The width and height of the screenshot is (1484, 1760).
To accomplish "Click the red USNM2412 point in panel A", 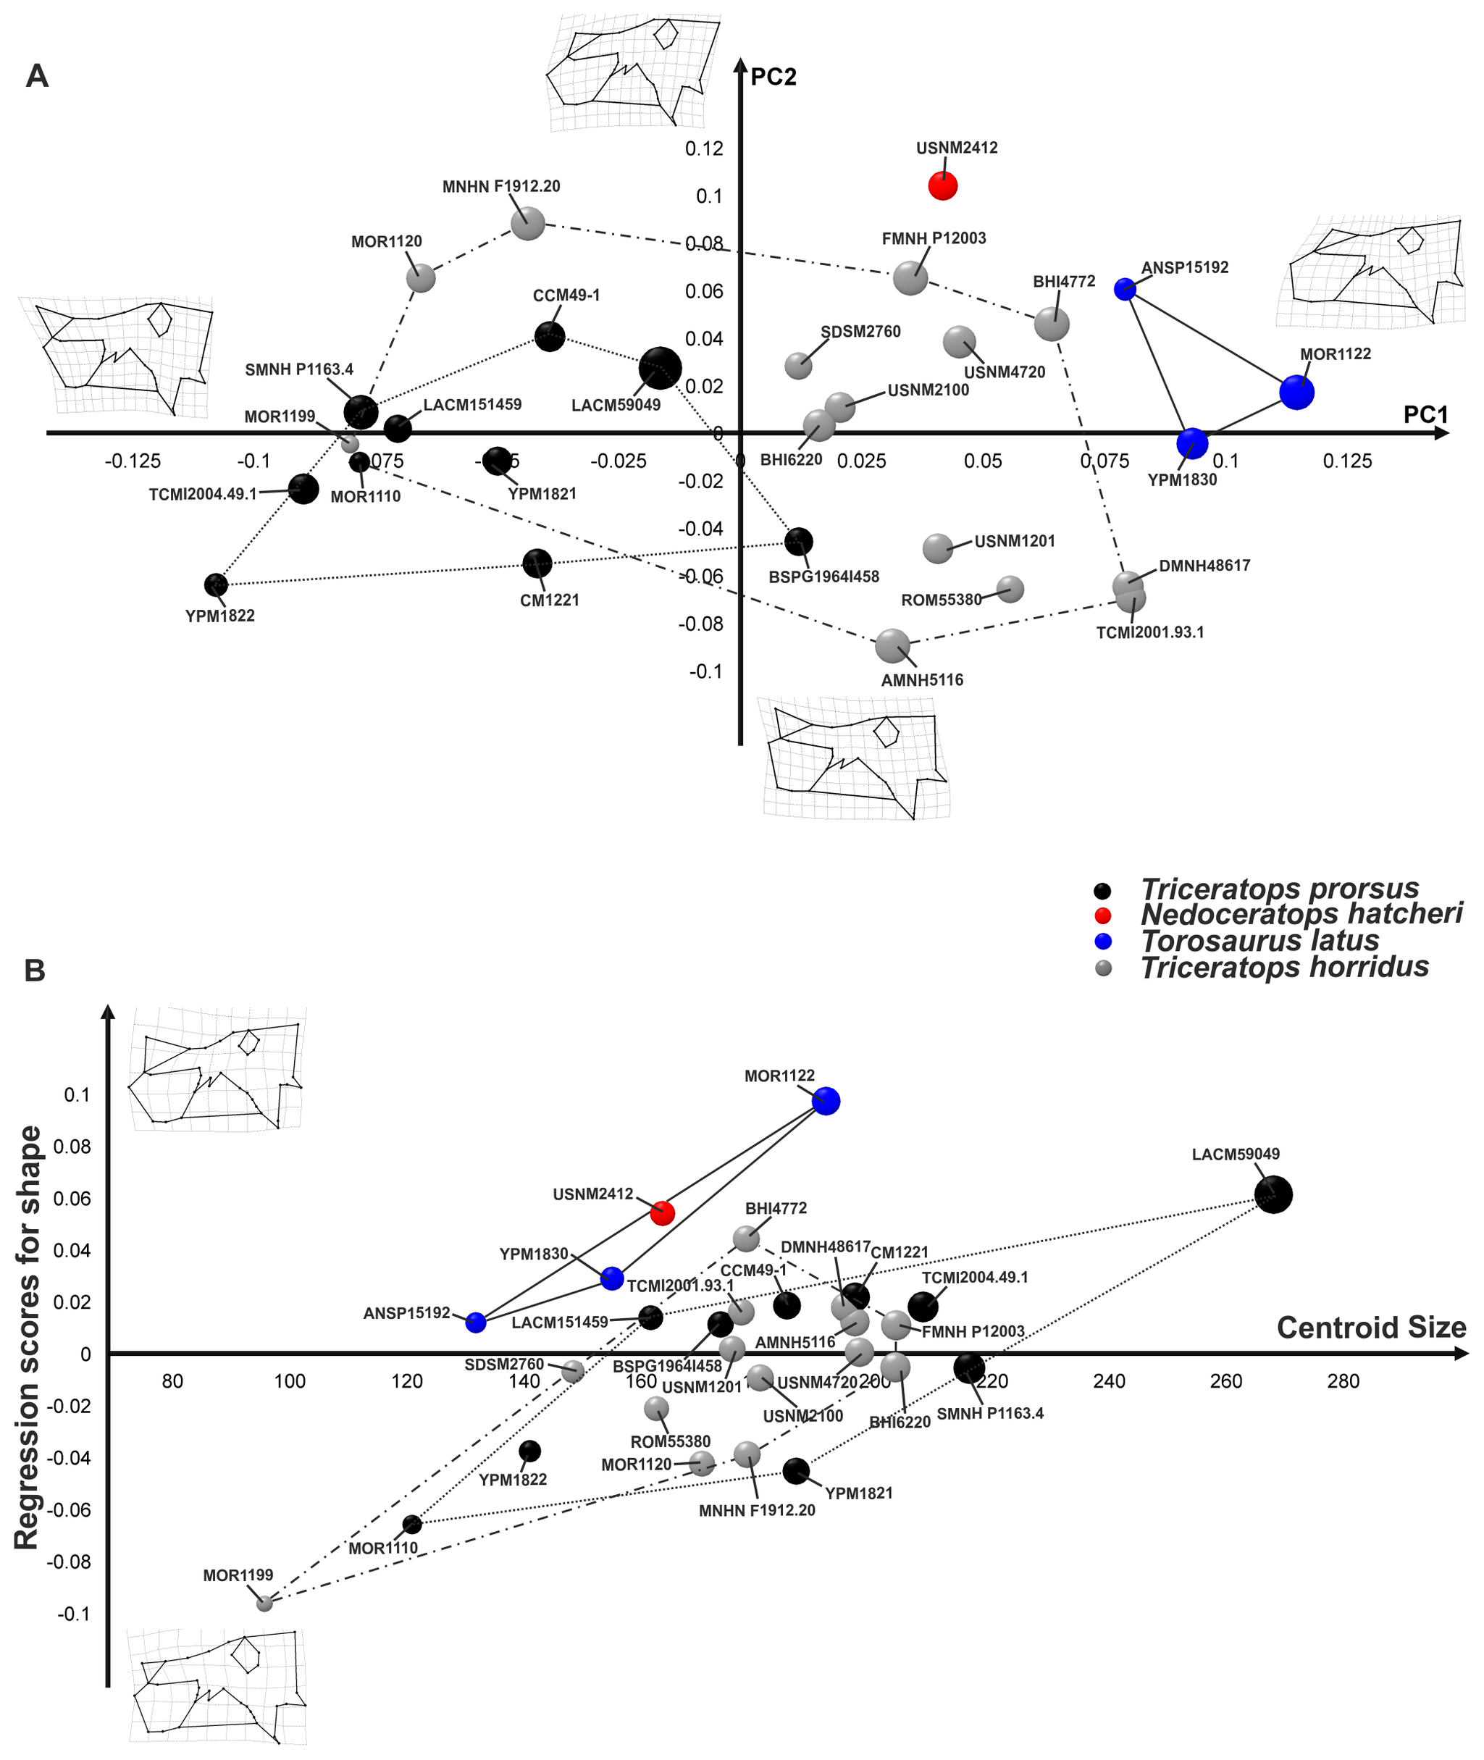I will (942, 186).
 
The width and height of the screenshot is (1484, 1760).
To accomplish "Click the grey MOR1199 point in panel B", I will (264, 1603).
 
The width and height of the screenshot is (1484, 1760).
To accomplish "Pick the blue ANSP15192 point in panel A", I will (1125, 290).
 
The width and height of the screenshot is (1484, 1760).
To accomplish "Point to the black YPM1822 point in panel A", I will (217, 584).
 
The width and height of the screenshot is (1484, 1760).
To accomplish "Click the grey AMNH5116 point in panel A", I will (892, 645).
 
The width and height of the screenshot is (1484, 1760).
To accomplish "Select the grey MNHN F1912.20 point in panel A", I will (527, 224).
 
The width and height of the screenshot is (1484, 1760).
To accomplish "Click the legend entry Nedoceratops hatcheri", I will (1301, 913).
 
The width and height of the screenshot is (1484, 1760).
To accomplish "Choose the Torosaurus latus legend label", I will (1259, 941).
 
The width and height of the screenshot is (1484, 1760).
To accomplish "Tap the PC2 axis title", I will (773, 77).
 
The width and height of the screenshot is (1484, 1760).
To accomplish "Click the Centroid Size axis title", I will (1371, 1328).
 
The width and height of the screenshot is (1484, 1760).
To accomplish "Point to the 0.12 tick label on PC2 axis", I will (704, 149).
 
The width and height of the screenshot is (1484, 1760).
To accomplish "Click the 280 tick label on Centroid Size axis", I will (1343, 1380).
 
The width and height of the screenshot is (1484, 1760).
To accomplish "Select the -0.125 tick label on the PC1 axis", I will (133, 461).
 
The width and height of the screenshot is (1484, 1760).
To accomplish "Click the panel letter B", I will (35, 970).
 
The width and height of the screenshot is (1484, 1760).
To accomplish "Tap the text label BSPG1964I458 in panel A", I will (823, 577).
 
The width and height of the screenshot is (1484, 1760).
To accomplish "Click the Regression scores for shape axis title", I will (27, 1338).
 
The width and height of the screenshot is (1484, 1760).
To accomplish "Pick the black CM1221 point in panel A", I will (537, 563).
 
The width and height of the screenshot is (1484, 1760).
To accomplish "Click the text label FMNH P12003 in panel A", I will (934, 239).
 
